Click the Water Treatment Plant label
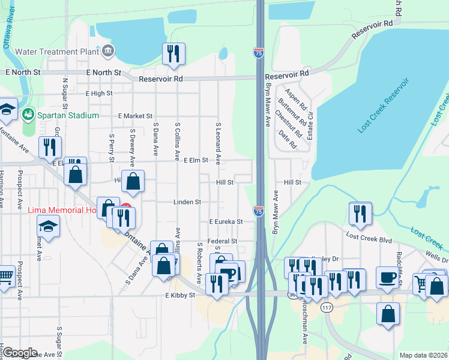click(57, 52)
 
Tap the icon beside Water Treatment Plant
click(107, 51)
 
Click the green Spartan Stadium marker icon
click(27, 114)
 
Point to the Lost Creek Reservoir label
click(383, 105)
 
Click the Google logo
click(19, 353)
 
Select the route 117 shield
click(327, 308)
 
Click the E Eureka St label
click(226, 221)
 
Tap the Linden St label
click(187, 202)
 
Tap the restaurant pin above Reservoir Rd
click(173, 53)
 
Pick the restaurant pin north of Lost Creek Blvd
click(360, 214)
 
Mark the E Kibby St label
click(181, 295)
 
